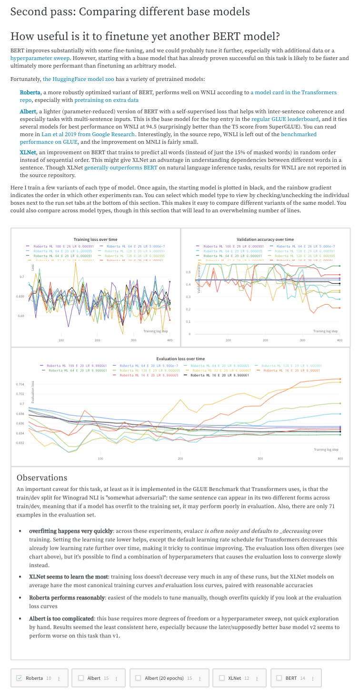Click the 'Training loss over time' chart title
coord(95,239)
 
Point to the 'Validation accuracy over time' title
coord(265,239)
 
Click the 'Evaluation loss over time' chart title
coord(180,358)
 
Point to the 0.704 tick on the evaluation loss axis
coord(20,384)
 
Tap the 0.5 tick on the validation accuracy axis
coord(188,272)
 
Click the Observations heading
coord(42,477)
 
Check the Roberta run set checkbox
coord(19,678)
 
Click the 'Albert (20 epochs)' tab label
coord(164,678)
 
